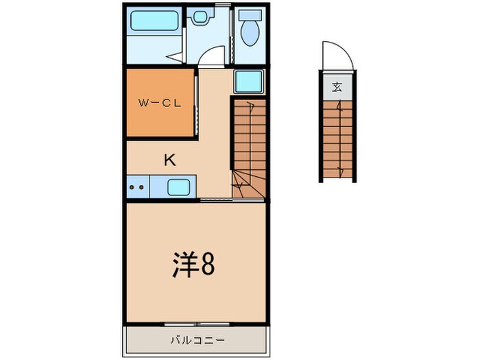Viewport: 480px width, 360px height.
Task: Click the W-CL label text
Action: (x=158, y=104)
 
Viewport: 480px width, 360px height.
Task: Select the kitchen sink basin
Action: (x=180, y=186)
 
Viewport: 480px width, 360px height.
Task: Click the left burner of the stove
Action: (x=133, y=186)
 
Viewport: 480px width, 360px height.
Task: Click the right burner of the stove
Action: (x=142, y=186)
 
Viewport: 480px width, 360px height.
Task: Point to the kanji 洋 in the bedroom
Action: (x=183, y=265)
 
